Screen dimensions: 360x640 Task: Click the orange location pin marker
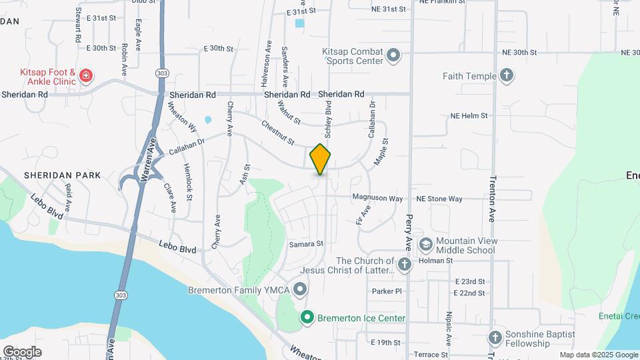point(320,159)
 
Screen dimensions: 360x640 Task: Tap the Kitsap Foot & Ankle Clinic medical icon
point(85,76)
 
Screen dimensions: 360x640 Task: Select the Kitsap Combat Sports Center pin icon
point(393,55)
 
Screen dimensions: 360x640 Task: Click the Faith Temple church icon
point(506,75)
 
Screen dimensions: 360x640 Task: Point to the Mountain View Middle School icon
point(425,245)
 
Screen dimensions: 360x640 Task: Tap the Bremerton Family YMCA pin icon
point(300,289)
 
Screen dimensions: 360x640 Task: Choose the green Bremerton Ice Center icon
point(307,317)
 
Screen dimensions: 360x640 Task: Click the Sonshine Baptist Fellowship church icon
point(494,338)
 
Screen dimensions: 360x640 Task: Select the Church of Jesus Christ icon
point(405,265)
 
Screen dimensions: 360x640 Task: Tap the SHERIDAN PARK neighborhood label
point(62,175)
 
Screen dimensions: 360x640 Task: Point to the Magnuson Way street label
point(377,199)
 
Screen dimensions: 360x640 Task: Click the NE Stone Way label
point(439,199)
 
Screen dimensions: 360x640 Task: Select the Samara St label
point(306,244)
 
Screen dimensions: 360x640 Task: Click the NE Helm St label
point(469,115)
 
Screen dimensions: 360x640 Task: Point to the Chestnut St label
point(278,134)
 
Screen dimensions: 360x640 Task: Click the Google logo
point(22,351)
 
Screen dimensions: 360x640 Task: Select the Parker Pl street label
point(387,291)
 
